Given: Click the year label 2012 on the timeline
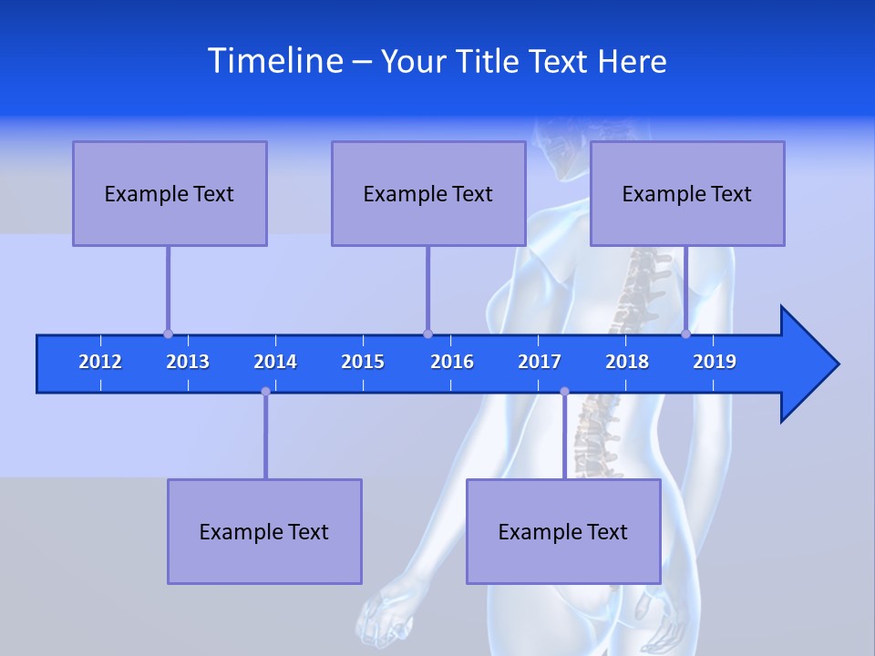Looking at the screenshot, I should pyautogui.click(x=100, y=362).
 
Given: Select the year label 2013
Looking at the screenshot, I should pyautogui.click(x=188, y=362).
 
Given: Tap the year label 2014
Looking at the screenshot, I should pyautogui.click(x=275, y=362).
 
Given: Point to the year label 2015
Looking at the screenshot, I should pyautogui.click(x=363, y=362).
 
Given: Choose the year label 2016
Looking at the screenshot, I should pyautogui.click(x=452, y=362).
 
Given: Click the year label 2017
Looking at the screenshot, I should pyautogui.click(x=540, y=362).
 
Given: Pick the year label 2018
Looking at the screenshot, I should pyautogui.click(x=627, y=362).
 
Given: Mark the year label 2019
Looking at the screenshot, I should pyautogui.click(x=715, y=362).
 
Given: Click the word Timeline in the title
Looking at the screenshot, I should pyautogui.click(x=274, y=60).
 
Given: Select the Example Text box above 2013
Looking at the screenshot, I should pyautogui.click(x=170, y=193).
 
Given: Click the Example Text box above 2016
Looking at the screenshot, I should pyautogui.click(x=428, y=193).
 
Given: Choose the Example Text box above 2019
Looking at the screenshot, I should pyautogui.click(x=687, y=193).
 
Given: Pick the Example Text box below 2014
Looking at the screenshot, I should pyautogui.click(x=264, y=531).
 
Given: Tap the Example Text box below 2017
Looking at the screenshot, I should pyautogui.click(x=563, y=531).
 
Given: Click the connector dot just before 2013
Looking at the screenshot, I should pyautogui.click(x=168, y=333).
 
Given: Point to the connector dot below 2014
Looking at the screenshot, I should pyautogui.click(x=265, y=392).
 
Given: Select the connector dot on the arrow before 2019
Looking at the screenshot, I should pyautogui.click(x=686, y=333).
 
